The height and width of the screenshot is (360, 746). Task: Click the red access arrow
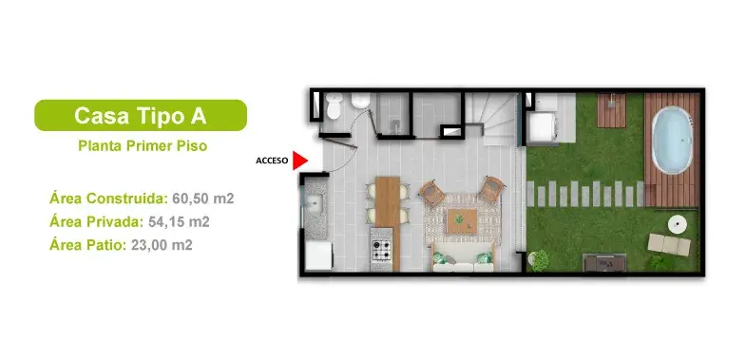(x=300, y=161)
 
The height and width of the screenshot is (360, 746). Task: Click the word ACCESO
(x=273, y=161)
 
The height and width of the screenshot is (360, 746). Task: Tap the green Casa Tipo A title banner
(x=141, y=115)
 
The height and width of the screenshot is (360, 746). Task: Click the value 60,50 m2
(x=202, y=199)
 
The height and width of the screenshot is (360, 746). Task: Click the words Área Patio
(x=86, y=245)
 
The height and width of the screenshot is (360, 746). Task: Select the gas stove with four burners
(x=381, y=251)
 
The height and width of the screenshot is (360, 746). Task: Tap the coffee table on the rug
(x=461, y=220)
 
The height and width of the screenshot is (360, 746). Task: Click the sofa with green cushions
(x=463, y=257)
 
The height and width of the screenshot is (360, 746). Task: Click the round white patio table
(x=677, y=225)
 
